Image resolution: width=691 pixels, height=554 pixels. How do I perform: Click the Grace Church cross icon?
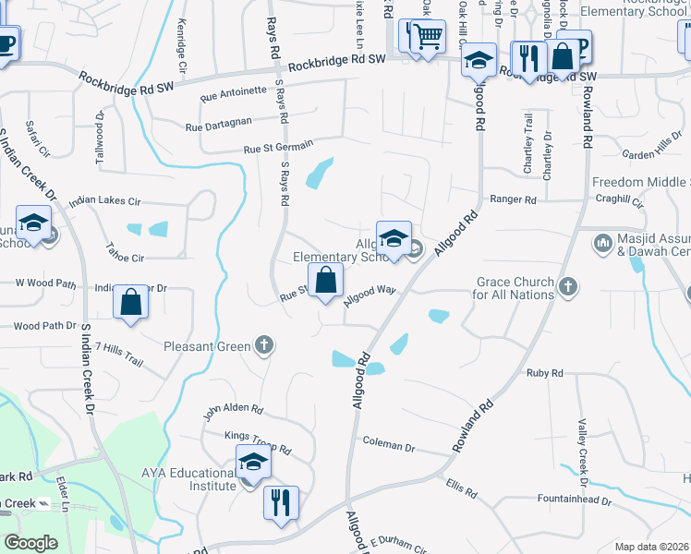[568, 287]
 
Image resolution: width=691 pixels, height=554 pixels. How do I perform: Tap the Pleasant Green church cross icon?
[264, 346]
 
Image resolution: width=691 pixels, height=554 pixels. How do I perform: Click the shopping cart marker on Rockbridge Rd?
[427, 38]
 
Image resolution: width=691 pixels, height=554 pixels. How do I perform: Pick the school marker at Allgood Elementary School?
[394, 238]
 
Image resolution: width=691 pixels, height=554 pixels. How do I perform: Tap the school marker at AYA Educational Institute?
[253, 463]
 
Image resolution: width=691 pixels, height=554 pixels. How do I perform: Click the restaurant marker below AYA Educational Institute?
[281, 503]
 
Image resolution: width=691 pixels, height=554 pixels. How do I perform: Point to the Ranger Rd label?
[513, 199]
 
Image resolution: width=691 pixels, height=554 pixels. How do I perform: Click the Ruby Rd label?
[544, 373]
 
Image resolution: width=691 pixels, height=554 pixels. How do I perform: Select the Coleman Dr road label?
[388, 445]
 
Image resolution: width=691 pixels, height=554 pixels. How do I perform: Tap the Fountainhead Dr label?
[575, 500]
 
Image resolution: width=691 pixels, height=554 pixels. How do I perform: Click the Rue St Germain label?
[279, 147]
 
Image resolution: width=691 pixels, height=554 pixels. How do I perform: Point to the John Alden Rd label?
[234, 408]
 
